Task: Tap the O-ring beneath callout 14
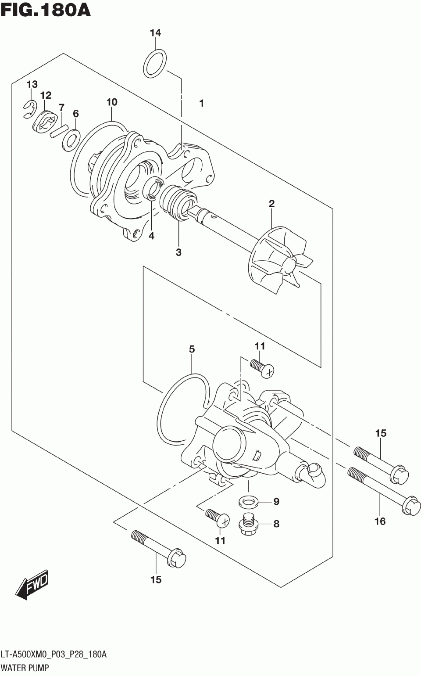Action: point(155,64)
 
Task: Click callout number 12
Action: point(46,95)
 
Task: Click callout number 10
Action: point(112,102)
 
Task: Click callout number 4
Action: point(151,236)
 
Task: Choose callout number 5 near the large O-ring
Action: point(192,349)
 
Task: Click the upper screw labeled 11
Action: point(262,367)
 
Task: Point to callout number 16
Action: point(380,521)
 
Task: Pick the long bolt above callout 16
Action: point(384,491)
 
